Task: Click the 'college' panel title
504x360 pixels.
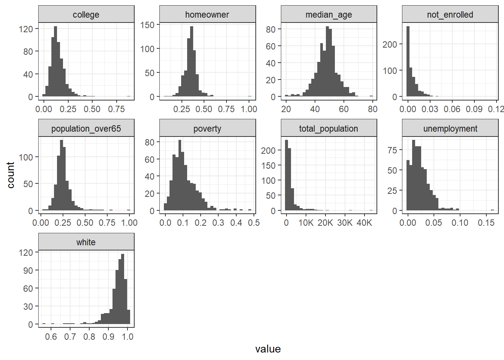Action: [86, 15]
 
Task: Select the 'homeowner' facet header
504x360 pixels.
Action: [207, 15]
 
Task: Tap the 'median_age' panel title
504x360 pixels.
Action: [328, 15]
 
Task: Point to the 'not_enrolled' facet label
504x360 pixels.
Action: [450, 15]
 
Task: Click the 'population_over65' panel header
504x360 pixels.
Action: [86, 129]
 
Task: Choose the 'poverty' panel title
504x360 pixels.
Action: [207, 129]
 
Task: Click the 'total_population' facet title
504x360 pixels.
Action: [328, 129]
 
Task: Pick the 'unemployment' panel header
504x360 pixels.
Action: [450, 129]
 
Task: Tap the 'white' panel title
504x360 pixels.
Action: [86, 242]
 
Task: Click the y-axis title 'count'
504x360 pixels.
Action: [10, 175]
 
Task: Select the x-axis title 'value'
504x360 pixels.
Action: [268, 349]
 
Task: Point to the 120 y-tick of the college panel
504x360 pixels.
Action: [26, 29]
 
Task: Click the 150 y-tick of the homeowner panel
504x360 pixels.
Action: [147, 25]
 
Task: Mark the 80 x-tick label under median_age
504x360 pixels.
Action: [372, 109]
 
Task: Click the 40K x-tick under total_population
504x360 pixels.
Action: [364, 223]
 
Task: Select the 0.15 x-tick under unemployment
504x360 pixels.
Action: [486, 223]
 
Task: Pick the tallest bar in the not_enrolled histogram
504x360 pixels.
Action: [408, 61]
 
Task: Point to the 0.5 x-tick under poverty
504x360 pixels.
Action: [254, 223]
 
